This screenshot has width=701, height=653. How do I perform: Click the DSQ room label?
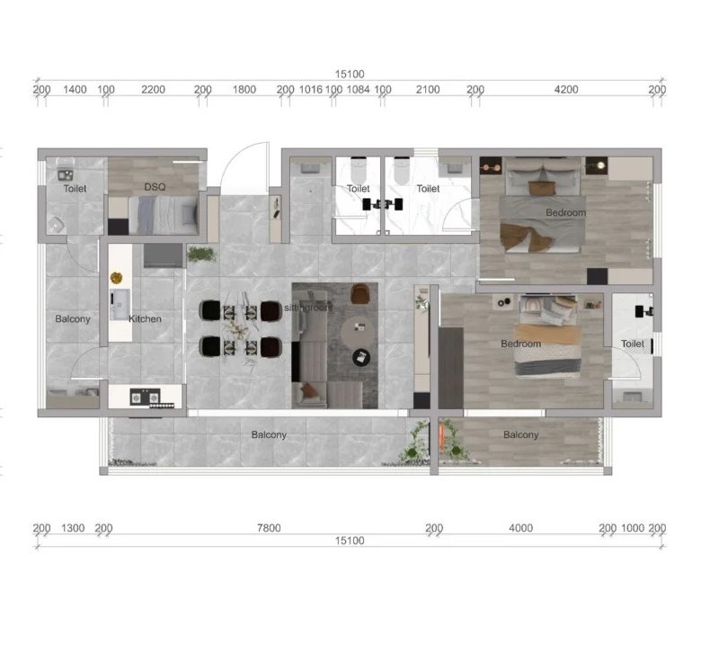155,186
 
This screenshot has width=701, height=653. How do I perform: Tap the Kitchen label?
145,318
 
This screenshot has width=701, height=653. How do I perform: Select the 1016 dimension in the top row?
310,90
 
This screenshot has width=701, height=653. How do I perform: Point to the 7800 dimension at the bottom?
269,528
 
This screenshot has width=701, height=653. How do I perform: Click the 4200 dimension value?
566,90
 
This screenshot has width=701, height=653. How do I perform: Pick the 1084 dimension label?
358,90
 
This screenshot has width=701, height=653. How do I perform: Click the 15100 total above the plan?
350,74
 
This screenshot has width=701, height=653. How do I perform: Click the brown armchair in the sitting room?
360,293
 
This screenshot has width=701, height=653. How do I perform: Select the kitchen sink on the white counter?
120,304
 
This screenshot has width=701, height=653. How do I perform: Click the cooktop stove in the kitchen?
145,397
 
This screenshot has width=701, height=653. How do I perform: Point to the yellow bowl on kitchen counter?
116,278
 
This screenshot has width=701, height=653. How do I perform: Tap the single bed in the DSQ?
164,216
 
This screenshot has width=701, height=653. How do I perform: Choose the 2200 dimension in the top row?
153,90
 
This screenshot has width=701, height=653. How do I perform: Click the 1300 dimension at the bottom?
73,528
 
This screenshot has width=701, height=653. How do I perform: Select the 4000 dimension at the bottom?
520,528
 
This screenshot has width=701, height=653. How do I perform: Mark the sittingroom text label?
308,308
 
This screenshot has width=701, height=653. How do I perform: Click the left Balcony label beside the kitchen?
73,318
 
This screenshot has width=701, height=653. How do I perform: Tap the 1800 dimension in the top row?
244,90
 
